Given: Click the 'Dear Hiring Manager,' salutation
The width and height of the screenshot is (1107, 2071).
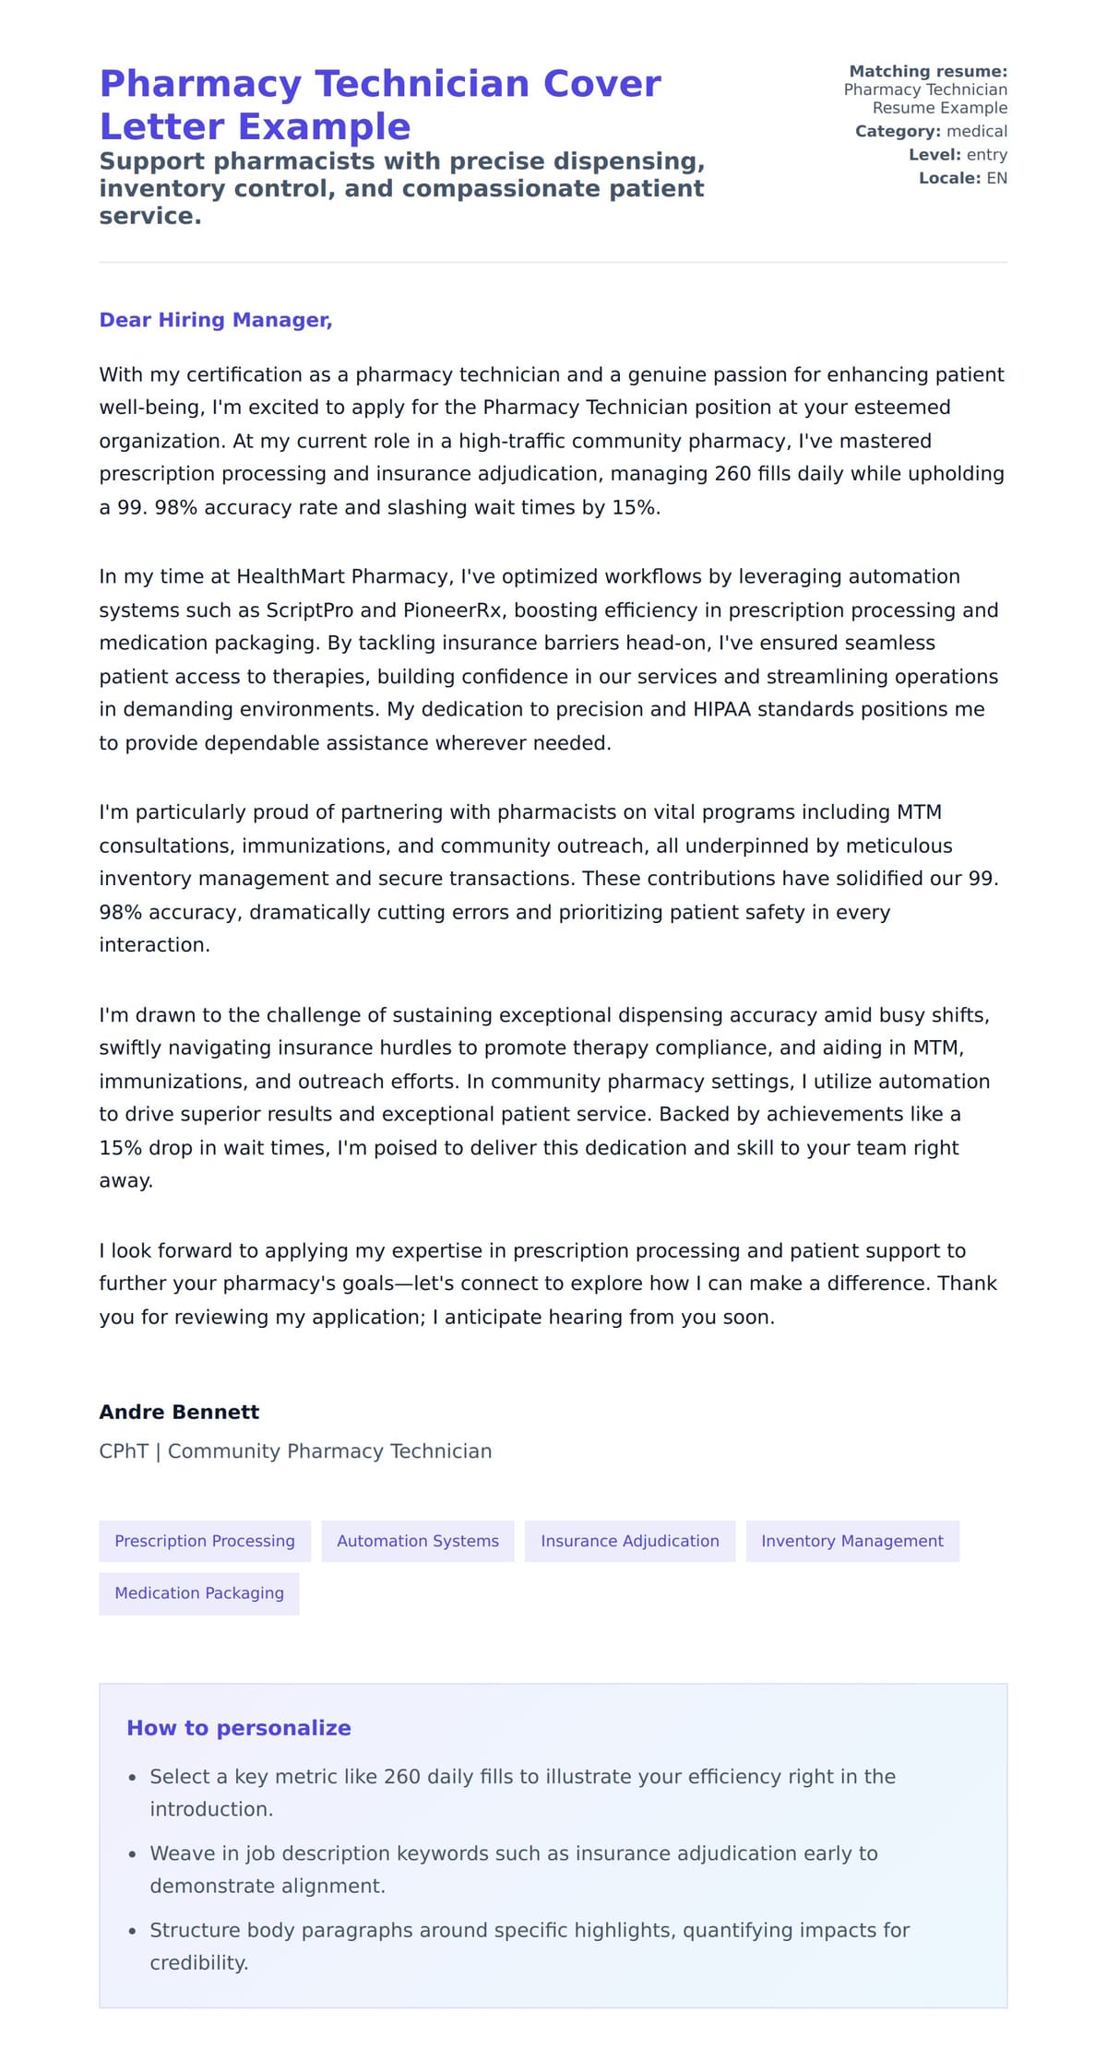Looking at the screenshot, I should [x=215, y=320].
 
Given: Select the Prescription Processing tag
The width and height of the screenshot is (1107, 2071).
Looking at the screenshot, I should [x=205, y=1541].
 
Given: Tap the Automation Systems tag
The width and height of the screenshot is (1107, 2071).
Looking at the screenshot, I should [x=418, y=1541].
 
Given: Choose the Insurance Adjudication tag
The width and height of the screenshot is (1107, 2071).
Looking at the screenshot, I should [x=630, y=1541].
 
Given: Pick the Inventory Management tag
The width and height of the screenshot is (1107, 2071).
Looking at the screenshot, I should [x=852, y=1541].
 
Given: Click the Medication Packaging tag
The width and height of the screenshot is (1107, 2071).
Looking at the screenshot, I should [x=199, y=1592].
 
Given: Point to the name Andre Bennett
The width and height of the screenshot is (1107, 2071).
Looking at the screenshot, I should [x=179, y=1412].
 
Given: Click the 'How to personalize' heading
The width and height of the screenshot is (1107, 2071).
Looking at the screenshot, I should [x=239, y=1728].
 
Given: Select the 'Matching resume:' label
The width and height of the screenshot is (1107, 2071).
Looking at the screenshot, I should [x=928, y=71].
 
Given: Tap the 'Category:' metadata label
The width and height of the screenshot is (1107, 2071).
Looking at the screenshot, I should [x=898, y=131].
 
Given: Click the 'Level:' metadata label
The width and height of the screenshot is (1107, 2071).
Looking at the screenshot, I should [x=934, y=155].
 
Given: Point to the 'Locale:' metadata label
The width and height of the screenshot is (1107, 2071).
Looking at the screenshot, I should [x=949, y=178].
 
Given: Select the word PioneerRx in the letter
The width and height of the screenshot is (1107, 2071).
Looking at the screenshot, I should [x=452, y=610].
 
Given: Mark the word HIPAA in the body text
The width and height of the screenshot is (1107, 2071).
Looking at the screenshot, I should [x=721, y=709].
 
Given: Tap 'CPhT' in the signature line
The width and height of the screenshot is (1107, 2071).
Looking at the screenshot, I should [x=124, y=1451].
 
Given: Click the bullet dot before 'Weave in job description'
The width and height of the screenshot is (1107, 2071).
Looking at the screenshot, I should [x=133, y=1854].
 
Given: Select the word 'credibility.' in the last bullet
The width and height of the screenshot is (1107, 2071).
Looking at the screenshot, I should [x=199, y=1962].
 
